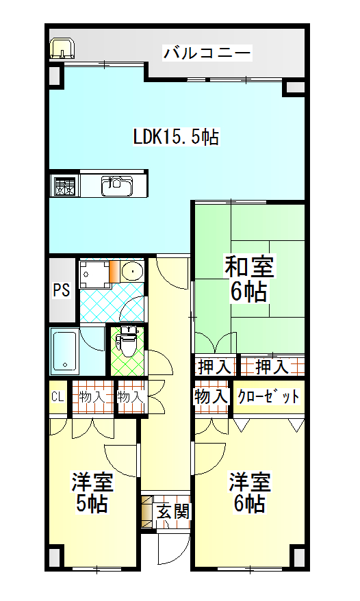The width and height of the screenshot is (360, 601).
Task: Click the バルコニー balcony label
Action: point(207,53)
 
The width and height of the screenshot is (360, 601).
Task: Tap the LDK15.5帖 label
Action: point(176,137)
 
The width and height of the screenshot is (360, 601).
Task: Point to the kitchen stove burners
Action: point(64,186)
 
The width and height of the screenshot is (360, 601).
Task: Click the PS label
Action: point(62,290)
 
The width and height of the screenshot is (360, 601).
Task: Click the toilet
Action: point(127,340)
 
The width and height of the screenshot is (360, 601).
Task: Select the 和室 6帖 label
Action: point(249,279)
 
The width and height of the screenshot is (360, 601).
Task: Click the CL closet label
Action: point(57,397)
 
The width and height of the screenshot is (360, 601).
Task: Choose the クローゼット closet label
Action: point(268,396)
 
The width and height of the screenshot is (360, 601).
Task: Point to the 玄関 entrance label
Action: point(173,511)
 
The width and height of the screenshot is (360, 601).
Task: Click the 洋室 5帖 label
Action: point(92,493)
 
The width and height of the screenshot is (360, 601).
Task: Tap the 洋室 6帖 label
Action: point(250,493)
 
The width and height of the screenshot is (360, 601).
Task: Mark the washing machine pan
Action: point(94,274)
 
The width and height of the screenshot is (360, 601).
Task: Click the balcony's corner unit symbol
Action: point(62,49)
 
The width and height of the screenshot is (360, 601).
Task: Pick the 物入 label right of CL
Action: point(92,397)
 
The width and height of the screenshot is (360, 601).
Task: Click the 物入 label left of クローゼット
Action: point(211,396)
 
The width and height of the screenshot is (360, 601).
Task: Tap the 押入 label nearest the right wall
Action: point(272,367)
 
